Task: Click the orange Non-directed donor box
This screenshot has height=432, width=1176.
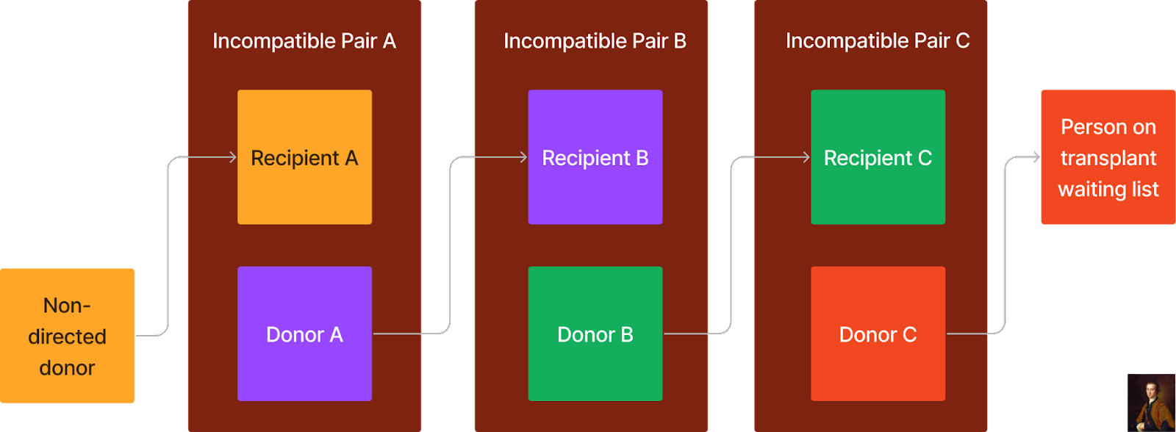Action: point(67,336)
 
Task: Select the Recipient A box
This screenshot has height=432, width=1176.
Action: point(304,157)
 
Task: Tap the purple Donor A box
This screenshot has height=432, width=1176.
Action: point(304,334)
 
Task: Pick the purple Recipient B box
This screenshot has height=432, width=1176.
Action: point(595,157)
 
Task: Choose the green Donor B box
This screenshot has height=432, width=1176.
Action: point(595,334)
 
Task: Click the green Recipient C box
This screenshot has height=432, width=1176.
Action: point(878,157)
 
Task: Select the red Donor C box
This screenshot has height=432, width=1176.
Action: point(878,334)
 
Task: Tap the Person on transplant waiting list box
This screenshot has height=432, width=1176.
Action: point(1108,157)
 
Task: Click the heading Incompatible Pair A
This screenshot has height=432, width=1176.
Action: point(304,41)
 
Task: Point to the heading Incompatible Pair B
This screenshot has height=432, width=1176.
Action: point(595,41)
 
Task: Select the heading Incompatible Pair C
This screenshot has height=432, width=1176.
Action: point(878,41)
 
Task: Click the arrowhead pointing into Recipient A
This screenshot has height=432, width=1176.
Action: point(233,157)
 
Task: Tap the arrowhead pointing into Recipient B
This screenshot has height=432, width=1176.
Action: point(524,157)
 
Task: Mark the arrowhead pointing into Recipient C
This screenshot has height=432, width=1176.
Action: point(806,157)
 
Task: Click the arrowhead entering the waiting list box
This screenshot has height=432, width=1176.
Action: point(1036,157)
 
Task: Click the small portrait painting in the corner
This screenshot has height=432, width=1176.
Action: point(1151,403)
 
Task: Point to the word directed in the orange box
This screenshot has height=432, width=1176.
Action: point(67,336)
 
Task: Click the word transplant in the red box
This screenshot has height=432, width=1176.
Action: point(1108,159)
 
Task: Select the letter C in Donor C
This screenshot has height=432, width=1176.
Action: point(909,335)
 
